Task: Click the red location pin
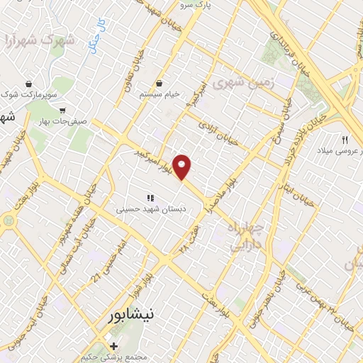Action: [183, 167]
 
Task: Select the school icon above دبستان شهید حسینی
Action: [150, 198]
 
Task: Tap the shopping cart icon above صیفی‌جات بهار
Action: [63, 111]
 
